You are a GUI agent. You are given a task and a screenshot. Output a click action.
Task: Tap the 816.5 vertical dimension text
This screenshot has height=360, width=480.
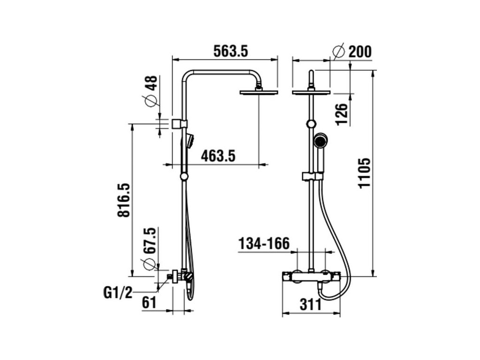123,200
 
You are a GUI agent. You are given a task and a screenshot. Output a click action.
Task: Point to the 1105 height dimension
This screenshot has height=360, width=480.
364,172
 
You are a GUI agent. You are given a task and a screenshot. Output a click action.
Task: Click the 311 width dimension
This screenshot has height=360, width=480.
310,305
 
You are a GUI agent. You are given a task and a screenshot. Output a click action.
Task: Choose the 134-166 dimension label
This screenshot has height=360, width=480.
264,244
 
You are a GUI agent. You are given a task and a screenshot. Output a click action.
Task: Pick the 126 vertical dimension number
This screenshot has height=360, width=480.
342,114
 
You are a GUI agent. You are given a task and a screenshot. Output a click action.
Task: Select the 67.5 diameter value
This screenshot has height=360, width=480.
149,241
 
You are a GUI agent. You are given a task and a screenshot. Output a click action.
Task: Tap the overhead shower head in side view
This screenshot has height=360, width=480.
259,92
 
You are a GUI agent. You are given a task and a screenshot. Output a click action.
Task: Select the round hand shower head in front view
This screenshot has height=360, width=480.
321,140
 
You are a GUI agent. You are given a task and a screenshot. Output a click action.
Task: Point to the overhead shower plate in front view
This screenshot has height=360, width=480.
311,92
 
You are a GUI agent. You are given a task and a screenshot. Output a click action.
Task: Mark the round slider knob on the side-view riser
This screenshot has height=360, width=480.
184,176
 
